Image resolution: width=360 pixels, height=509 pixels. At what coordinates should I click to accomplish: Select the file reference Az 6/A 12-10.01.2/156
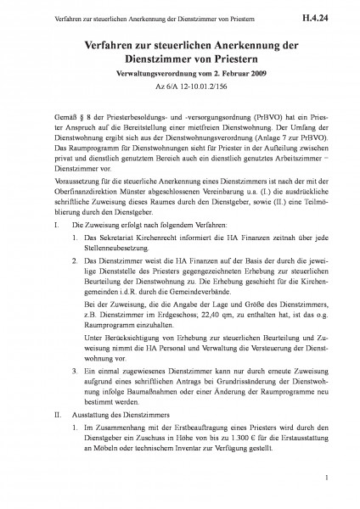click(180, 98)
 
